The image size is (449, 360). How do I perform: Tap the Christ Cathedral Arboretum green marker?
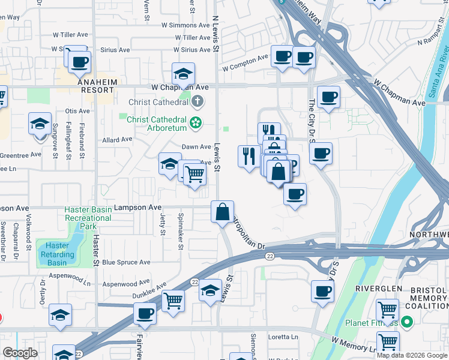[x=195, y=124]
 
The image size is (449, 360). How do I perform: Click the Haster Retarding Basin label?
[x=57, y=250]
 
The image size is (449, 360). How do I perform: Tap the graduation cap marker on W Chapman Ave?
[x=183, y=74]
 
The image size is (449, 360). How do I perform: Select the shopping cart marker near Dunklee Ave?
[x=173, y=300]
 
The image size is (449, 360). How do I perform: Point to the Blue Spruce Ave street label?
[x=126, y=263]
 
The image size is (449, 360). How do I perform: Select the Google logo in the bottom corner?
[x=20, y=353]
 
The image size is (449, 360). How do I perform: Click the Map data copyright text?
[x=412, y=355]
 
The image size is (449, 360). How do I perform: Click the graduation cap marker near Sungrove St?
[x=40, y=124]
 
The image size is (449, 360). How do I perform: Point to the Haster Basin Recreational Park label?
[x=88, y=218]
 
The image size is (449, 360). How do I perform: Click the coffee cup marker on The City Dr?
[x=321, y=153]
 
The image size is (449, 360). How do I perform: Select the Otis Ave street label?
[x=77, y=111]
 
